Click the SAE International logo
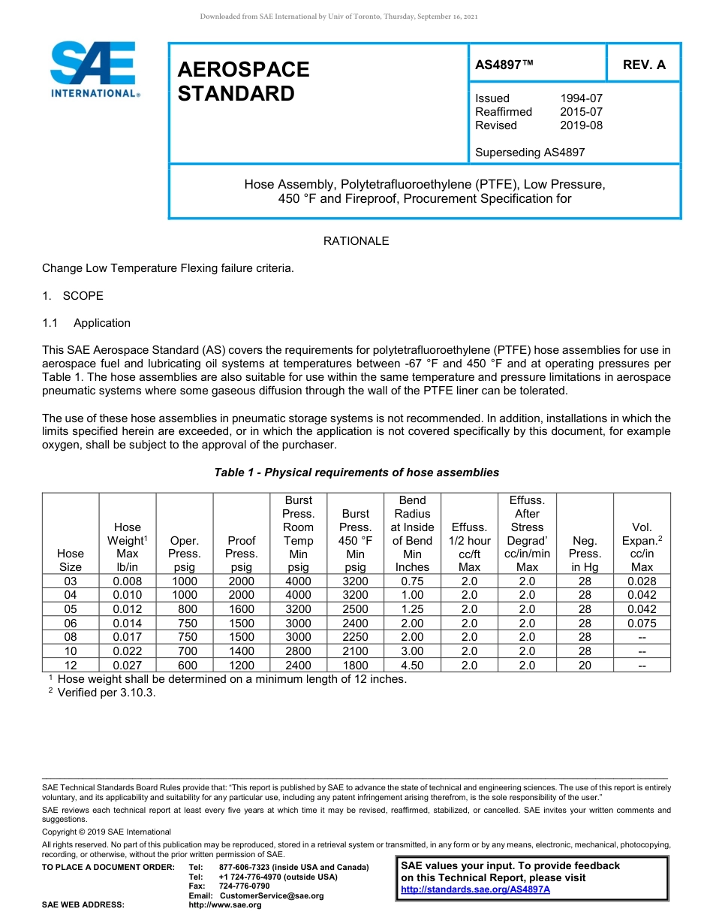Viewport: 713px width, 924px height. (94, 70)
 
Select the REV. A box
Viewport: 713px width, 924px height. (644, 65)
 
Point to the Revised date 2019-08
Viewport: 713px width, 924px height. (581, 125)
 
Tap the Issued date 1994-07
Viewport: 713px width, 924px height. (581, 98)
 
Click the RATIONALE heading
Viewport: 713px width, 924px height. (356, 241)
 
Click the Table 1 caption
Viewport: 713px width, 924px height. (356, 473)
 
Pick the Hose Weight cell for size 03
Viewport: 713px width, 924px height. (127, 581)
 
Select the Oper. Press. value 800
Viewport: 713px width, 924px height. (185, 609)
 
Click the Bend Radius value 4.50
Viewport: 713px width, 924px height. (412, 666)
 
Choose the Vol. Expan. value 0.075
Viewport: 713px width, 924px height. (642, 624)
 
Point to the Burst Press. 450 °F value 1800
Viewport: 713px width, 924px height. (355, 666)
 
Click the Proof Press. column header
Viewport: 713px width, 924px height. (241, 554)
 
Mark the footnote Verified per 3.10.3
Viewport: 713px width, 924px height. (106, 693)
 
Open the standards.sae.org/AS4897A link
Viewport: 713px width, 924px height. (475, 889)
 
